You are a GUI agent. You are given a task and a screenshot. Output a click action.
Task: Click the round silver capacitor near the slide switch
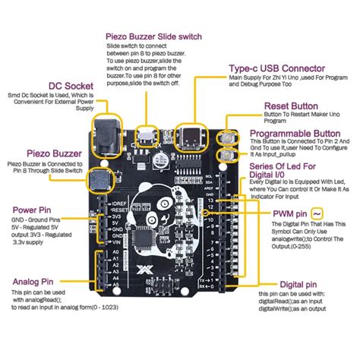click(x=160, y=160)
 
